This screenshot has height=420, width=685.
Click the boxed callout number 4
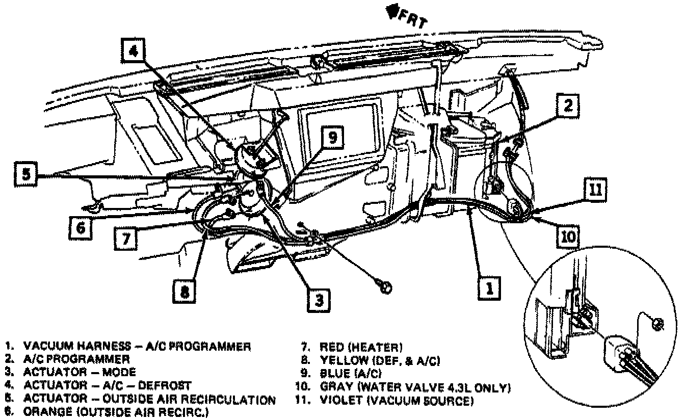(x=133, y=52)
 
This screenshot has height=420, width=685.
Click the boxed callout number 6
(x=81, y=228)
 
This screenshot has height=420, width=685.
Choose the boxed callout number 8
(x=184, y=291)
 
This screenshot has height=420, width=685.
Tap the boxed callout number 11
(x=594, y=190)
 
